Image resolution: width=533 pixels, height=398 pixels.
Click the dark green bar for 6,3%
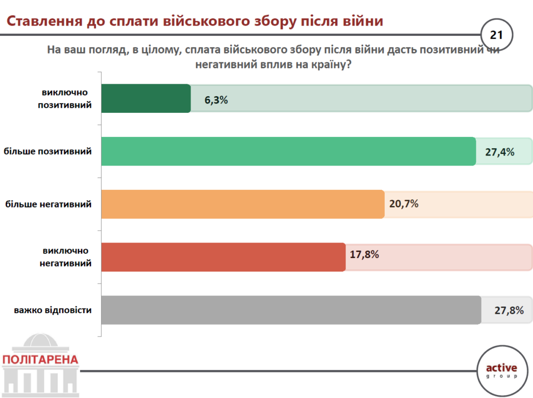click(146, 98)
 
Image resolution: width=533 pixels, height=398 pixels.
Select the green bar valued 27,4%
click(288, 151)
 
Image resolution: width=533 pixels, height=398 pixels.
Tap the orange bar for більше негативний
click(243, 204)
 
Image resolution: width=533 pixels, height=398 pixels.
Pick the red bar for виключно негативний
click(223, 257)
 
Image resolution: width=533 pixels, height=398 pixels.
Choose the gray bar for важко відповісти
click(291, 310)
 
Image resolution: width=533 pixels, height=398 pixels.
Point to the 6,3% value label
click(217, 100)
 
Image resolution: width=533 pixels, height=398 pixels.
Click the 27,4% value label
click(499, 152)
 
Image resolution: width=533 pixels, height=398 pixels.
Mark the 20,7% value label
click(404, 203)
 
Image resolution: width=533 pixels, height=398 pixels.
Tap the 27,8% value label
click(509, 311)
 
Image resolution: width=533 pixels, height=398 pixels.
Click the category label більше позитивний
click(48, 151)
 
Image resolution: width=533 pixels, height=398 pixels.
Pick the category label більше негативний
click(48, 204)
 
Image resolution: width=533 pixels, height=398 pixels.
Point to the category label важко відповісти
click(53, 310)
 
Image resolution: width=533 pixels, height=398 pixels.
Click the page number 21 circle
click(496, 35)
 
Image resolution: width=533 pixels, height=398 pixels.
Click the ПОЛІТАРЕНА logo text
click(40, 360)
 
